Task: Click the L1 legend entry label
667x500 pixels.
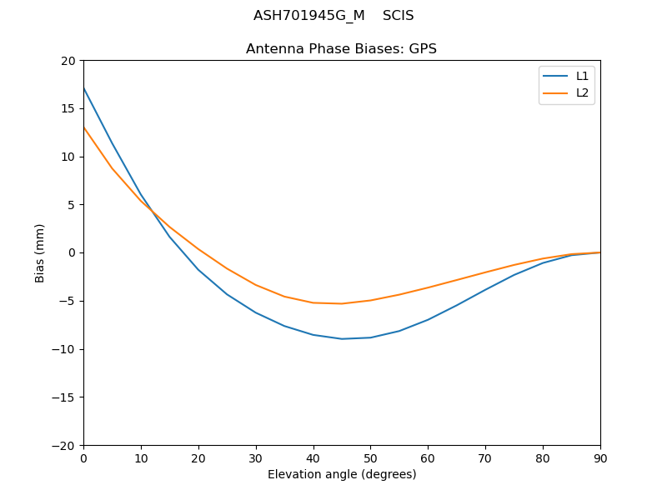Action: click(582, 76)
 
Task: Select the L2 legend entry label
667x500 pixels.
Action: click(582, 92)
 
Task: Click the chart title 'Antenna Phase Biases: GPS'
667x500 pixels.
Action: click(341, 49)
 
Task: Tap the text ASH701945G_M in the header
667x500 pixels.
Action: click(309, 16)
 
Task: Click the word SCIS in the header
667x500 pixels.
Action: click(399, 16)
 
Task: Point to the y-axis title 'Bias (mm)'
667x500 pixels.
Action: click(40, 252)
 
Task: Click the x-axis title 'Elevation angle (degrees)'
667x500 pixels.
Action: click(342, 475)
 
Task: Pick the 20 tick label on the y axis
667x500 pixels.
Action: click(68, 61)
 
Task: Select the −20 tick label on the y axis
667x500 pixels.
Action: click(63, 445)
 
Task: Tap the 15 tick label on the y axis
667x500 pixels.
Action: click(68, 108)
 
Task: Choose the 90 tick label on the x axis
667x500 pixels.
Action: click(600, 457)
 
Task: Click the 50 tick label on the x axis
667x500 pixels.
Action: click(370, 457)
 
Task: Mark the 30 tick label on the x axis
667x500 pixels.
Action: click(256, 457)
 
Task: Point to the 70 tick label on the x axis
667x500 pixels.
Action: click(485, 457)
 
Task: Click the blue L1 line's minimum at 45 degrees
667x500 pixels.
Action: click(342, 338)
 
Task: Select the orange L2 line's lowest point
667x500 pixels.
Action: click(342, 303)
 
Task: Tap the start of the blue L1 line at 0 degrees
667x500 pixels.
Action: click(83, 88)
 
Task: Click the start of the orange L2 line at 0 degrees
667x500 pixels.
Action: click(83, 127)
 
